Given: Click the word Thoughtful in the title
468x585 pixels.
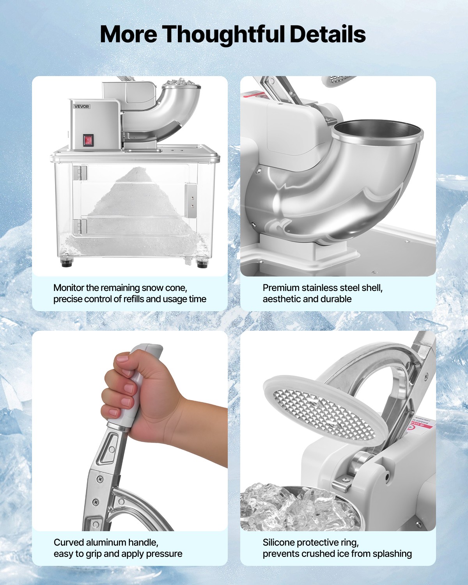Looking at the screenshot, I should point(223,34).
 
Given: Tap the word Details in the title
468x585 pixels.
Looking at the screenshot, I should point(327,34).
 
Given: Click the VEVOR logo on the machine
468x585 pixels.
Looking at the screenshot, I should point(82,106).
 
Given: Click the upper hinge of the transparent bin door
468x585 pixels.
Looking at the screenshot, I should point(80,173).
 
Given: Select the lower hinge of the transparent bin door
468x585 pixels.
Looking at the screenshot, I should point(80,226).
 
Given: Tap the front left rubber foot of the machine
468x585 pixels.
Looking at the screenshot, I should point(67,263).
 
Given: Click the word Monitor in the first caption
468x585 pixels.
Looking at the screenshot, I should point(69,288).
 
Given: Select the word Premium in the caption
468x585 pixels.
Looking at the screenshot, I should point(279,288).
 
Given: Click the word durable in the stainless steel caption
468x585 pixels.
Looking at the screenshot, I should point(335,299).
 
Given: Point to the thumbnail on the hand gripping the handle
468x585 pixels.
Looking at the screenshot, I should point(122,358).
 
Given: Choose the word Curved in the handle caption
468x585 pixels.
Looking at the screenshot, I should point(69,542).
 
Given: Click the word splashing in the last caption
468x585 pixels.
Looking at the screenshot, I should point(392,554).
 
